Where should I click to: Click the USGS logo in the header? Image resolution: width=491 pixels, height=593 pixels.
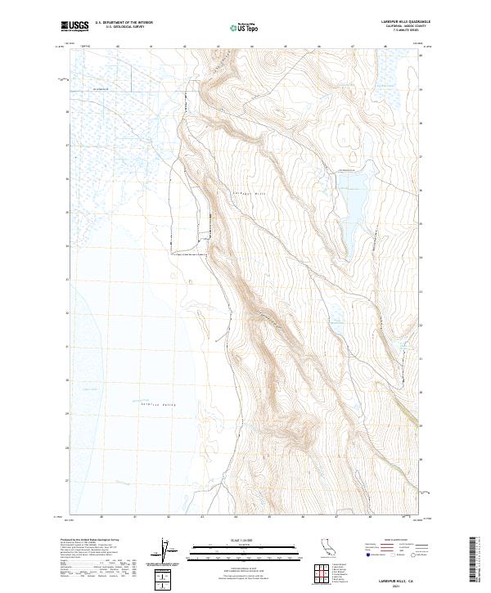(x=75, y=26)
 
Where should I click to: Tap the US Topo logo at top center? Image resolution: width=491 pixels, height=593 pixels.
(x=245, y=27)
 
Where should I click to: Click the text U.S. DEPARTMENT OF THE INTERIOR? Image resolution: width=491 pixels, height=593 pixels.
(x=124, y=23)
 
